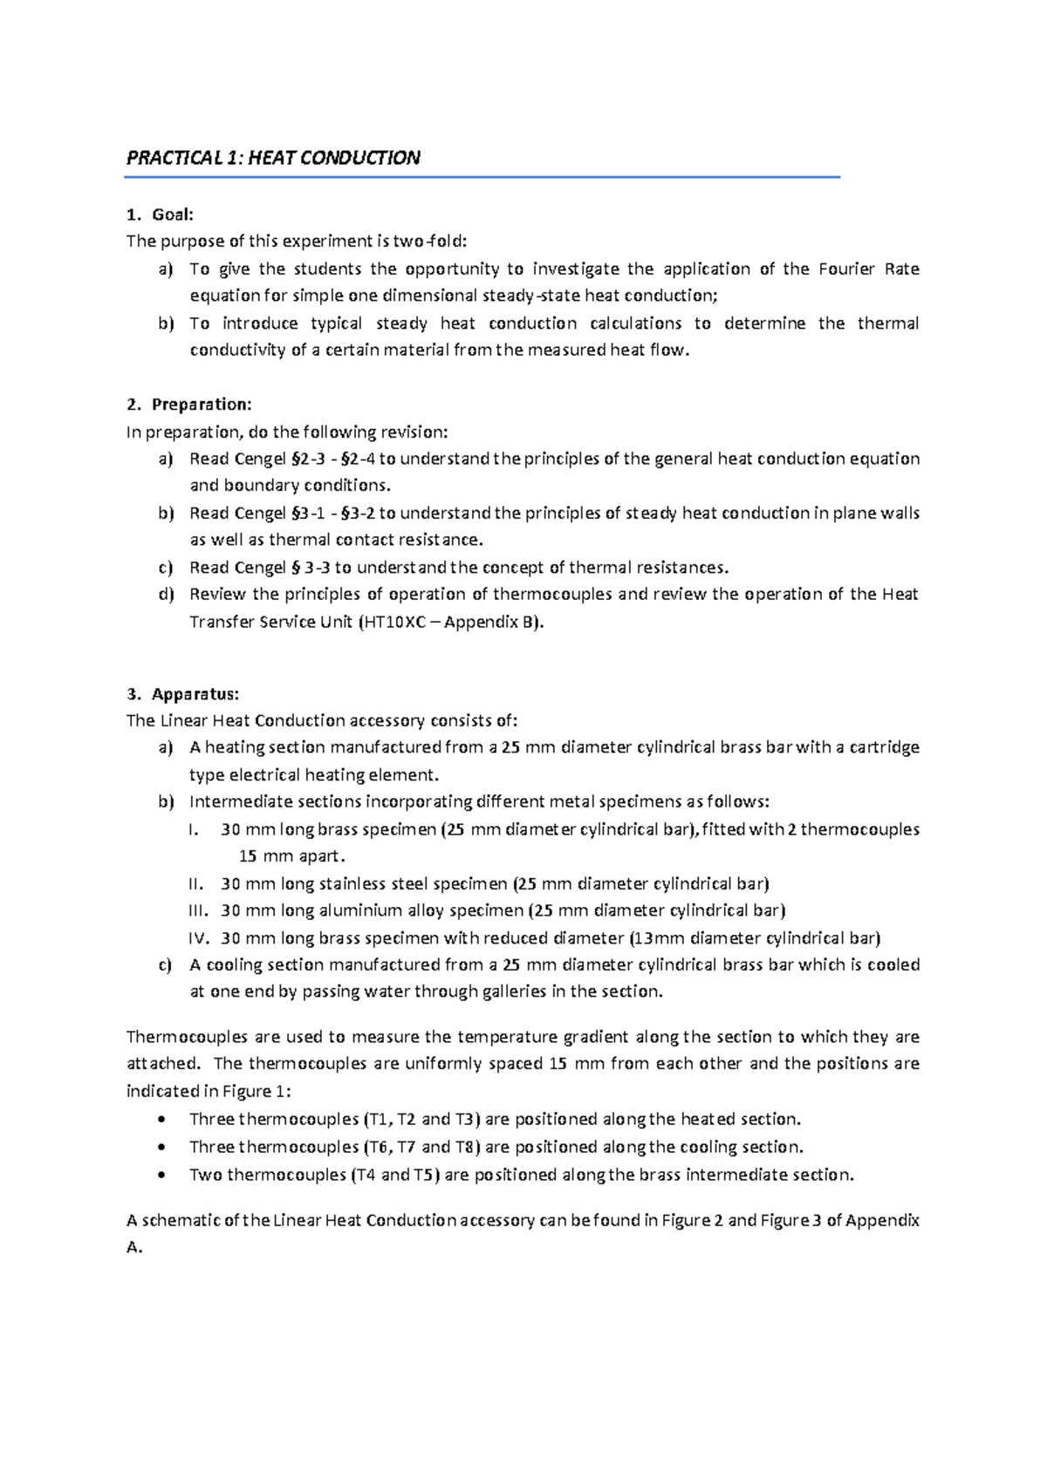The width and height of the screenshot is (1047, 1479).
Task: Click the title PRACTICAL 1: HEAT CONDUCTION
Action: pyautogui.click(x=273, y=158)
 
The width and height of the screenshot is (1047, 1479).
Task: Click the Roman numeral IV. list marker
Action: pyautogui.click(x=199, y=938)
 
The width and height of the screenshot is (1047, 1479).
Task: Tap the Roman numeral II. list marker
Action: pyautogui.click(x=198, y=883)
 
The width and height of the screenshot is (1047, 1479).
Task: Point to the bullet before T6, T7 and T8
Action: pyautogui.click(x=158, y=1148)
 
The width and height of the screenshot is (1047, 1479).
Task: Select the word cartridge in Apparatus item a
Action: pyautogui.click(x=884, y=747)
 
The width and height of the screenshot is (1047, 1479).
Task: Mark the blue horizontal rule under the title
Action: pyautogui.click(x=482, y=177)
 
